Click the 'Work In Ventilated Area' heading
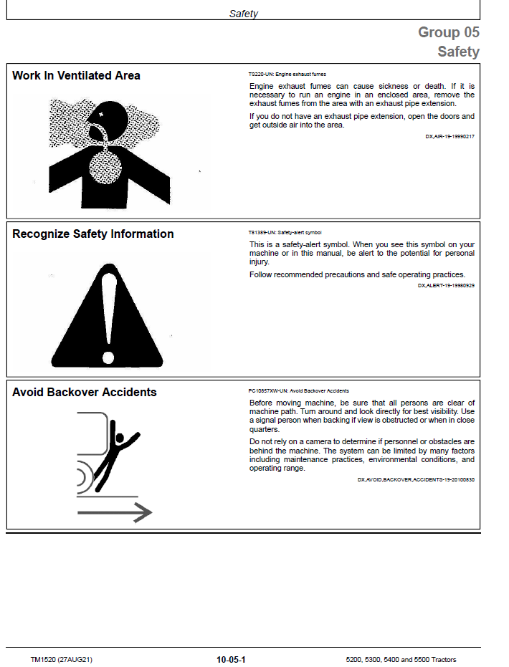click(76, 76)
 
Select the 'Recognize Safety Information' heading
click(92, 234)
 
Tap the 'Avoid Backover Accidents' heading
click(85, 392)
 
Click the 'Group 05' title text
click(449, 32)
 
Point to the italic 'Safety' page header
click(244, 14)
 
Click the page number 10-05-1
click(231, 660)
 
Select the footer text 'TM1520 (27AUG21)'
click(61, 660)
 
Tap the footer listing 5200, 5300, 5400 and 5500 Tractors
click(401, 660)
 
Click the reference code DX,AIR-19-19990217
click(449, 137)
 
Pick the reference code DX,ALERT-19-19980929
click(446, 285)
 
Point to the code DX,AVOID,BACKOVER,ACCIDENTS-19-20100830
click(416, 480)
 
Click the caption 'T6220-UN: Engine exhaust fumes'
click(287, 74)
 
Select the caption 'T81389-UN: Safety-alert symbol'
click(285, 233)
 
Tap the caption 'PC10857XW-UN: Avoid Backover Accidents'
click(299, 391)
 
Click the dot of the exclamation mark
click(108, 358)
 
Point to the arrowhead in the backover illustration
click(143, 512)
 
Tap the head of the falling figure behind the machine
click(120, 438)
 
